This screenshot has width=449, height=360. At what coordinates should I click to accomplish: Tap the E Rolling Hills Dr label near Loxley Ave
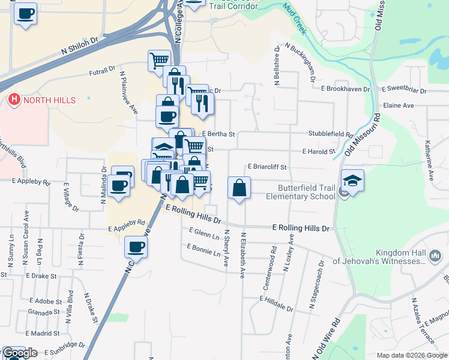pyautogui.click(x=301, y=229)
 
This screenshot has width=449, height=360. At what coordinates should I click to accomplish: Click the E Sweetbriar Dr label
pyautogui.click(x=399, y=89)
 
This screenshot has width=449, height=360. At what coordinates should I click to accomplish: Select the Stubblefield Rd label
pyautogui.click(x=330, y=134)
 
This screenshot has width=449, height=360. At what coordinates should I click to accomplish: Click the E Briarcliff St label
pyautogui.click(x=268, y=167)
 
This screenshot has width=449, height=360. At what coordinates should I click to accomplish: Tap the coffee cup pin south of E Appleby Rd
pyautogui.click(x=136, y=247)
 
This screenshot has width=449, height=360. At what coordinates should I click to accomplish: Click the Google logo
pyautogui.click(x=20, y=353)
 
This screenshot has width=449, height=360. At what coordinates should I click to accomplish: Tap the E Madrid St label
pyautogui.click(x=41, y=333)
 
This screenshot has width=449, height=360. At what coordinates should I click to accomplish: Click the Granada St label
pyautogui.click(x=44, y=312)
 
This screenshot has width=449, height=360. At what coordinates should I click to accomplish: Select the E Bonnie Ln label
pyautogui.click(x=203, y=250)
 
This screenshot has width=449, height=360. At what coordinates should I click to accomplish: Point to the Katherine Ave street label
pyautogui.click(x=430, y=161)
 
